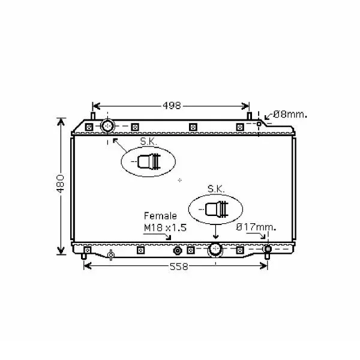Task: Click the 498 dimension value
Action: (x=172, y=106)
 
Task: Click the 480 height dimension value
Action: (x=61, y=184)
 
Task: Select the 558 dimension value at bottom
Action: (x=179, y=267)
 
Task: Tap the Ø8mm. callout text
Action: (x=290, y=115)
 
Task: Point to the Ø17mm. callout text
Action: (x=256, y=227)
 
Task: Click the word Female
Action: (x=160, y=216)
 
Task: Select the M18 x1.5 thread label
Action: (x=165, y=227)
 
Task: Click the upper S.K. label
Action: (x=148, y=142)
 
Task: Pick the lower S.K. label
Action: (x=216, y=189)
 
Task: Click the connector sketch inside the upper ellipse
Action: (x=149, y=161)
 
